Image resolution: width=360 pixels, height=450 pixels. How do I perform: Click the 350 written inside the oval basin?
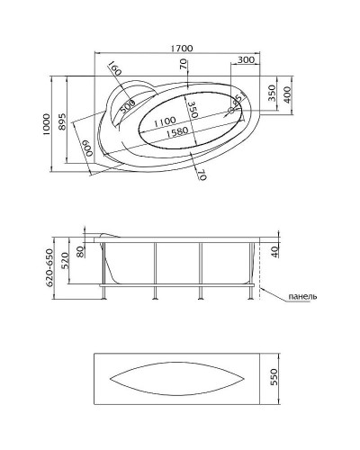pyautogui.click(x=191, y=110)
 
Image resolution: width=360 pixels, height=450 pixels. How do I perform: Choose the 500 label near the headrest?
pyautogui.click(x=128, y=105)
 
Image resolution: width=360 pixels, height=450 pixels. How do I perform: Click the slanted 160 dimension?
pyautogui.click(x=114, y=70)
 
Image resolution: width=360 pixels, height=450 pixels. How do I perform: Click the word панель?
pyautogui.click(x=302, y=296)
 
